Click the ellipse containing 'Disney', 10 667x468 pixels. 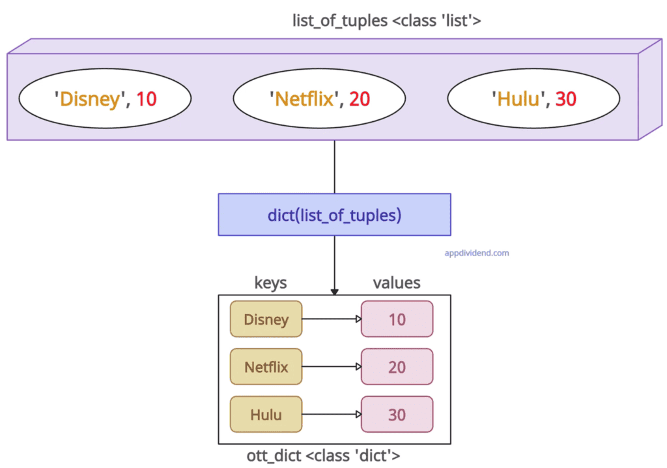pos(105,98)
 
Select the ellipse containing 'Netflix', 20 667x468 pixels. pos(319,98)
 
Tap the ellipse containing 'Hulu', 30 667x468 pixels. pos(533,98)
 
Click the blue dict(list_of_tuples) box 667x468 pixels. pos(334,214)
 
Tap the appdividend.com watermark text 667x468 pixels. pos(475,253)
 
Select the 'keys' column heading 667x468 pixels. pos(270,282)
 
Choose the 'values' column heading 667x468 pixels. pos(396,282)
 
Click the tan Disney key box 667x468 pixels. pos(266,319)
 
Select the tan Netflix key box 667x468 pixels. pos(266,367)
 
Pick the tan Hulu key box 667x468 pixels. pos(266,415)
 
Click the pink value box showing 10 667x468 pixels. pos(397,319)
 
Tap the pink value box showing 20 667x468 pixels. pos(397,367)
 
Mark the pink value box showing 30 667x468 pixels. pos(397,415)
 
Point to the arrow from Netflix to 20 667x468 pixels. pos(332,367)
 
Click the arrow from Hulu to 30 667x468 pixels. pos(332,415)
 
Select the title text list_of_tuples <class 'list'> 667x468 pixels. pos(387,20)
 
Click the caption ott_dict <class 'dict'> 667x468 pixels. pos(333,456)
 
